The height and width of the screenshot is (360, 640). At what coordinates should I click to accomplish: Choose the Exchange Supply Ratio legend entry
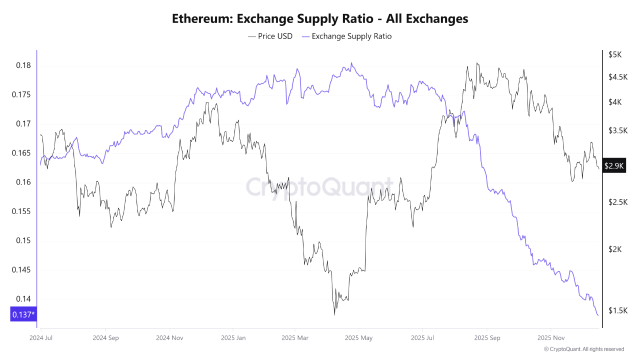352,36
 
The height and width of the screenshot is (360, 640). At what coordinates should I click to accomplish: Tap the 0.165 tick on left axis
20,153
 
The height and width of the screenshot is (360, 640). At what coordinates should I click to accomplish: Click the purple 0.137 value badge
22,316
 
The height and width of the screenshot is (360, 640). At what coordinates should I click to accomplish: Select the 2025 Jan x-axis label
235,338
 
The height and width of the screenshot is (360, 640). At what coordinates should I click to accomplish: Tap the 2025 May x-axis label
357,338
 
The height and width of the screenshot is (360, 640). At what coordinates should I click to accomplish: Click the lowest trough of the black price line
336,313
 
